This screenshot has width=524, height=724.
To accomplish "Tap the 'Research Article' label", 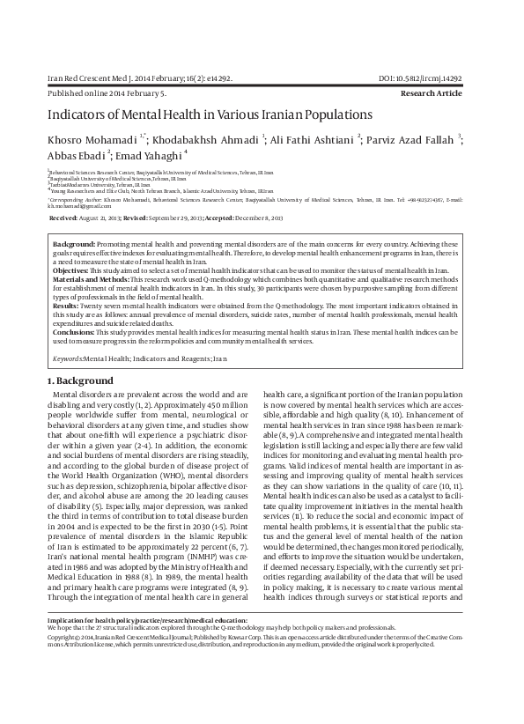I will click(431, 92).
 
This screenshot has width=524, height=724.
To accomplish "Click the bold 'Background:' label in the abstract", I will click(74, 243).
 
